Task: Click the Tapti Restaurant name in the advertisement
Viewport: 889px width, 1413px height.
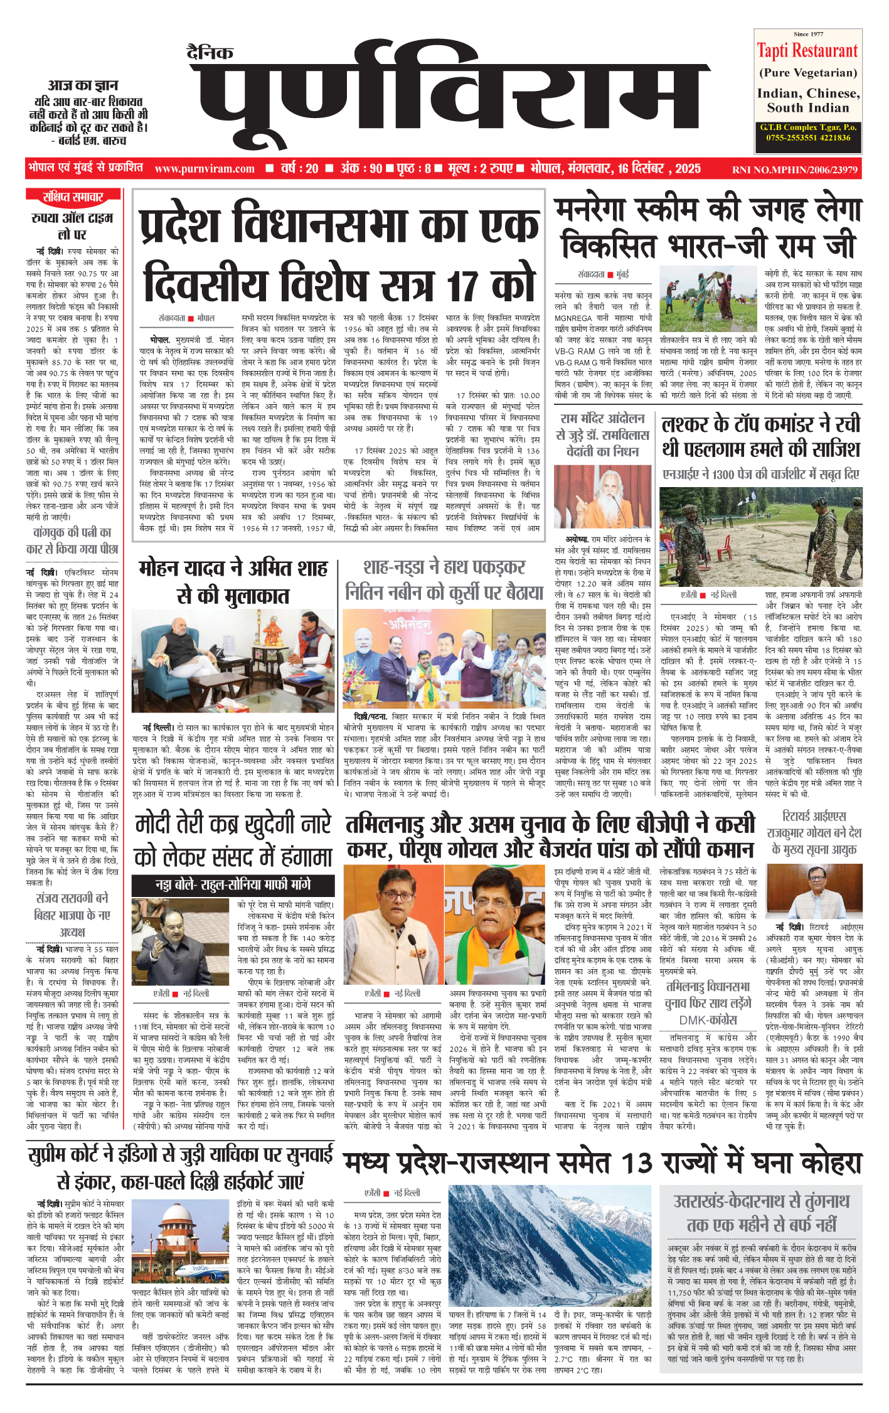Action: (x=807, y=50)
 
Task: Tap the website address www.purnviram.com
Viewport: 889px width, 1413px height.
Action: (x=205, y=168)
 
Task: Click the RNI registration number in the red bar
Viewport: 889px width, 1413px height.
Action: (x=794, y=169)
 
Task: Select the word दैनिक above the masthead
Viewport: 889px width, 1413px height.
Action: (x=210, y=53)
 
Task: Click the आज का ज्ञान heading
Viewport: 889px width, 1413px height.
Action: (x=83, y=85)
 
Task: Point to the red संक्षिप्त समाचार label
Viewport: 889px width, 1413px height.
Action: (x=73, y=197)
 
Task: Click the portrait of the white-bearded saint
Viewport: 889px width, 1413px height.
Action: (x=602, y=497)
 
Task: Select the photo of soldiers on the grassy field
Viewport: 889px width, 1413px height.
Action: (x=760, y=537)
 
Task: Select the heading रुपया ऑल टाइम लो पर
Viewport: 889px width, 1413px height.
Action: (x=73, y=226)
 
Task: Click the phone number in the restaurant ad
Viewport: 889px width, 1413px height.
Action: (x=807, y=137)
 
